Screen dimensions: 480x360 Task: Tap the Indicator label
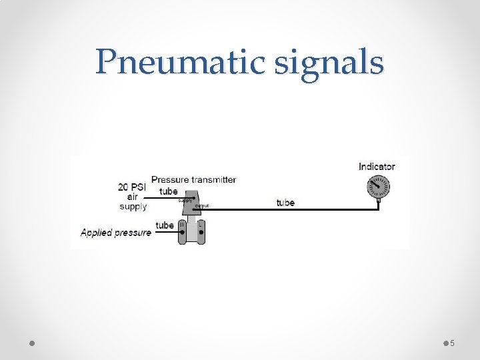tap(377, 167)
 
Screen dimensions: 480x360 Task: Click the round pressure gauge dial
tap(378, 187)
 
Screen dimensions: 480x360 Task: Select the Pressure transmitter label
tap(193, 179)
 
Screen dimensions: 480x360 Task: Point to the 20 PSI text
tap(133, 187)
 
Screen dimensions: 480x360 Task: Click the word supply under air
tap(133, 207)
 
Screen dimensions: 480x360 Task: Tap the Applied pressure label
tap(115, 233)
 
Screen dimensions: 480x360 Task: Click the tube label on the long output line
tap(285, 202)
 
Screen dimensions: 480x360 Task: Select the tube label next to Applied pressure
tap(164, 225)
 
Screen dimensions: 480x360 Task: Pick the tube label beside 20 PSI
tap(169, 191)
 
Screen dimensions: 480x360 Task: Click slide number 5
tap(452, 343)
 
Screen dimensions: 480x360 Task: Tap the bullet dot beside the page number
tap(445, 343)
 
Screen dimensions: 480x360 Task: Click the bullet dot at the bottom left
tap(32, 343)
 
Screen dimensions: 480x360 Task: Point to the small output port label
tap(202, 206)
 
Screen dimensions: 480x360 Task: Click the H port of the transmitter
tap(182, 225)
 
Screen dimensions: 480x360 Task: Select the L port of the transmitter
tap(200, 225)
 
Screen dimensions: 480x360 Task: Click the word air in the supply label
tap(133, 197)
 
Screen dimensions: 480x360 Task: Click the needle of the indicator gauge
tap(375, 185)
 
